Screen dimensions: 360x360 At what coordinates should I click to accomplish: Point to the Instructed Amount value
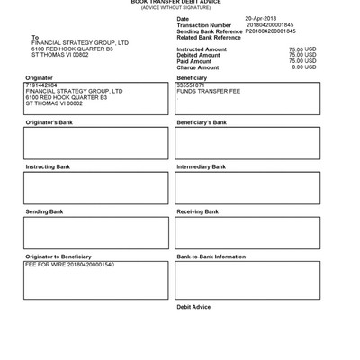click(x=302, y=49)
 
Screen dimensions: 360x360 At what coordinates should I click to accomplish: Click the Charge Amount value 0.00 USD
click(x=304, y=67)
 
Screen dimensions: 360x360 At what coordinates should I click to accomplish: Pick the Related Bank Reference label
click(x=209, y=38)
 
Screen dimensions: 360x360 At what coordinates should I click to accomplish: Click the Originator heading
click(x=40, y=78)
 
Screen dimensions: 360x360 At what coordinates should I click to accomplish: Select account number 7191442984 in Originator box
click(x=40, y=85)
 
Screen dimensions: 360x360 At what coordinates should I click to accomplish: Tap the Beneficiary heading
click(x=192, y=78)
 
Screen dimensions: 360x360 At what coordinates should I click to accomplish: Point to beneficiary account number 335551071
click(x=192, y=85)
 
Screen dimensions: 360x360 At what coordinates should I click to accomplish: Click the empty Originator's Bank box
click(x=95, y=143)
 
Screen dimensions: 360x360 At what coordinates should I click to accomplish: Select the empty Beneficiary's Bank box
click(x=247, y=143)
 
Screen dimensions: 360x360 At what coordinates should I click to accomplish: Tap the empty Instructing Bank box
click(x=95, y=188)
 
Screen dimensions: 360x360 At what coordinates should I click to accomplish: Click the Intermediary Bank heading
click(x=201, y=167)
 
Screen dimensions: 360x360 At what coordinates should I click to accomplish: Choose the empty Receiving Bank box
click(x=247, y=233)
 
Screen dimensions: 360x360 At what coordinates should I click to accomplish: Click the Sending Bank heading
click(x=44, y=212)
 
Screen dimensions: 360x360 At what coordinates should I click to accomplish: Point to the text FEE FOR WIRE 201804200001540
click(x=70, y=265)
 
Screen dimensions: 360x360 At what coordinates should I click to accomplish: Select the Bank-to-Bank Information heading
click(x=211, y=257)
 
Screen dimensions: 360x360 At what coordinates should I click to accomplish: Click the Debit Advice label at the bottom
click(x=193, y=307)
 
